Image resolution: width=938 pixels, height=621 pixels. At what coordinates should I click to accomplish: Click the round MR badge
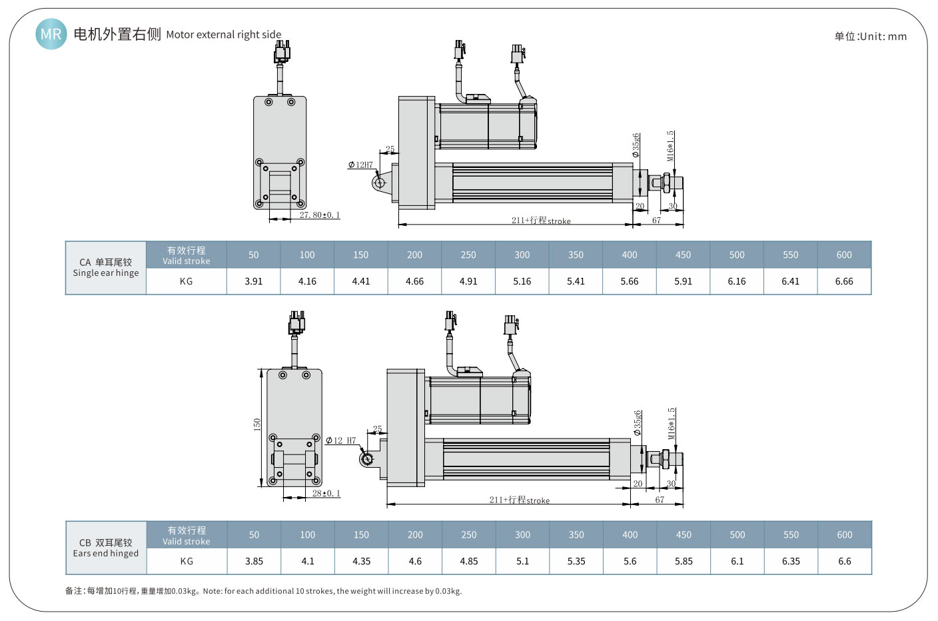[51, 34]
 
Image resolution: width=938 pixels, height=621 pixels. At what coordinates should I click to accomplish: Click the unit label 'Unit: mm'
[870, 37]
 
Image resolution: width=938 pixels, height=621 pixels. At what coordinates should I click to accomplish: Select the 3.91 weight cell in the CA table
[253, 281]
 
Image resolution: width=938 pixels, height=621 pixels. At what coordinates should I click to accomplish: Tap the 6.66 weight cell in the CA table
[843, 281]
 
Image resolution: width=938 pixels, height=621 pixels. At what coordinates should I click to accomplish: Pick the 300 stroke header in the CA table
[522, 255]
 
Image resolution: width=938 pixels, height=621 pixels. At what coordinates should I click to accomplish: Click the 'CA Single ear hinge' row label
[106, 267]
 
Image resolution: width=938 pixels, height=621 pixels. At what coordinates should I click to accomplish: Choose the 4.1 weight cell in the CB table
[307, 561]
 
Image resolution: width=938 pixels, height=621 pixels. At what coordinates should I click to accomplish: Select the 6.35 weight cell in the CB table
[790, 561]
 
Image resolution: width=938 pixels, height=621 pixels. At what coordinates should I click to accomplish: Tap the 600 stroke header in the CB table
[844, 534]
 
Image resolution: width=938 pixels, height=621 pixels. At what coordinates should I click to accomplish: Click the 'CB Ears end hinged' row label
[106, 548]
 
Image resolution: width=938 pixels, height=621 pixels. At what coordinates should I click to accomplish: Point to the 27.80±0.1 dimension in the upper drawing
[319, 215]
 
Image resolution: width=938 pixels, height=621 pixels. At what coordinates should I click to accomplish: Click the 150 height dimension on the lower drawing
[257, 424]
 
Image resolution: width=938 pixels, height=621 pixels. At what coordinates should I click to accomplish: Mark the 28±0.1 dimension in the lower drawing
[326, 493]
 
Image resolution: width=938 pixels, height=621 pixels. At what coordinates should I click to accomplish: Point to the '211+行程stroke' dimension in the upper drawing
[540, 221]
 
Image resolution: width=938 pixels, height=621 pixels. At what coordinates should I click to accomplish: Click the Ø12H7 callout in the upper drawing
[360, 165]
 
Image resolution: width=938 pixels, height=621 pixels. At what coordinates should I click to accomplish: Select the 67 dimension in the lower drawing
[659, 500]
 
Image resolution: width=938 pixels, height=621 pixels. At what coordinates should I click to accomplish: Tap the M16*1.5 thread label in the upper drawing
[670, 146]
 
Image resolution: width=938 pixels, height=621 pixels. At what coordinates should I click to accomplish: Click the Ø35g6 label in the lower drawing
[637, 423]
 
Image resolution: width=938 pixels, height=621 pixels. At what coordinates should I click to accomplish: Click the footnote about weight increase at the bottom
[263, 591]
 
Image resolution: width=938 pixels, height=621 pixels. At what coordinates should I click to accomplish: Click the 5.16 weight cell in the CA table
[522, 281]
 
